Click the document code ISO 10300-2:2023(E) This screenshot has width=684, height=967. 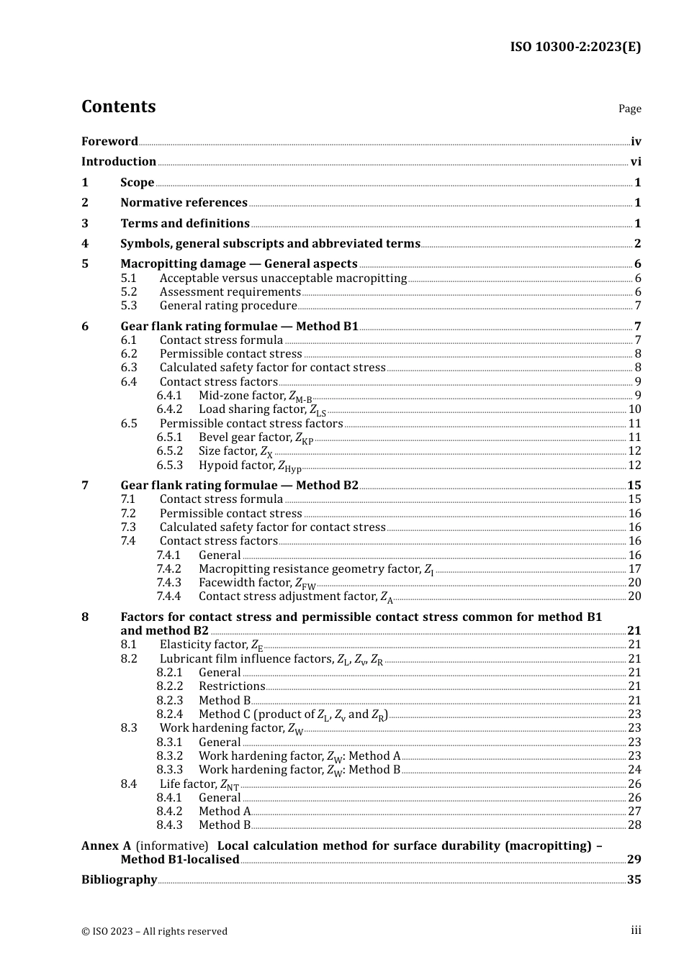coord(575,47)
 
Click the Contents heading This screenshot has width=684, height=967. coord(118,106)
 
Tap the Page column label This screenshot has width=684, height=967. coord(629,109)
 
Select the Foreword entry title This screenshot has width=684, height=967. coord(109,142)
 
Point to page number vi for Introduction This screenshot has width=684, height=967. coord(636,162)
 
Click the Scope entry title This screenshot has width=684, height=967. coord(137,183)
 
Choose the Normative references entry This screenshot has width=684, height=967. coord(184,203)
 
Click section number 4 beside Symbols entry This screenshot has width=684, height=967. coord(85,244)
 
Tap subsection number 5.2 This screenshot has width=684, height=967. coord(128,292)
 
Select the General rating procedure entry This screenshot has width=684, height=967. coord(228,306)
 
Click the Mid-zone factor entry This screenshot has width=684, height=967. coord(255,396)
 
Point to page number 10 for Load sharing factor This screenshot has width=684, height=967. coord(634,409)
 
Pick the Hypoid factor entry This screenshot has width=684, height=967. coord(250,466)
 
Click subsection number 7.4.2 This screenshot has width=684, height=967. coord(169,569)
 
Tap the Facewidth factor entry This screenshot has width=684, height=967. coord(256,583)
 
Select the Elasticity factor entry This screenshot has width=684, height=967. coord(211,645)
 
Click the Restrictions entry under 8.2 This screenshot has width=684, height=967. coord(232,686)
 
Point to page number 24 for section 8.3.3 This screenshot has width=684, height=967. coord(634,770)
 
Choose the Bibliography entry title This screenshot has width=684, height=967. coord(119,880)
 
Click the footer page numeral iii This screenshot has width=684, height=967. coord(636,930)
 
